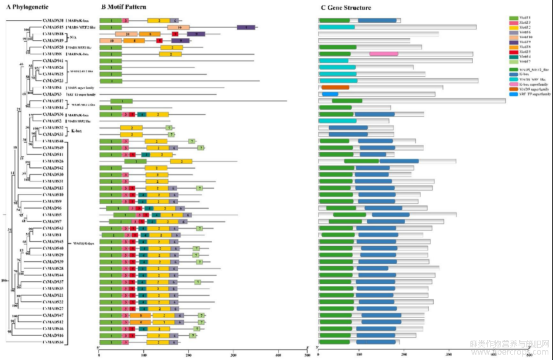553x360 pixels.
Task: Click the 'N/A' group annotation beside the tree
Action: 73,37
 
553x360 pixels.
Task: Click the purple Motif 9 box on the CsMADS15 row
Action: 247,27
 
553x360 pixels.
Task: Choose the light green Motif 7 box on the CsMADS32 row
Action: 171,127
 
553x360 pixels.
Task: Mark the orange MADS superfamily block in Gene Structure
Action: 335,87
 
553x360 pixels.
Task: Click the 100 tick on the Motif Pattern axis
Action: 144,353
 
